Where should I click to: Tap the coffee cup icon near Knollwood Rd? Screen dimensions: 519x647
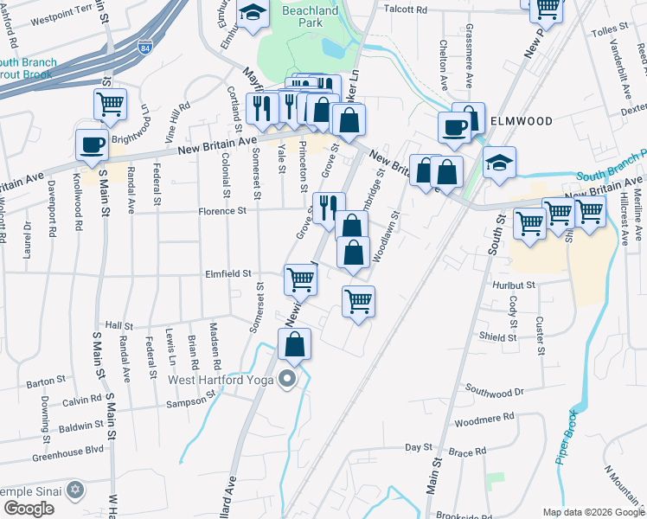tap(93, 145)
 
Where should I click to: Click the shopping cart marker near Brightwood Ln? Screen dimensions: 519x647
tap(110, 105)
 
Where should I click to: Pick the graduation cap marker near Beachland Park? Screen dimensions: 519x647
tap(253, 14)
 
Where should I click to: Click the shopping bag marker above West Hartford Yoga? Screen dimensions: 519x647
tap(295, 344)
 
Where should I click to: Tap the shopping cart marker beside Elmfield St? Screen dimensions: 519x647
tap(300, 279)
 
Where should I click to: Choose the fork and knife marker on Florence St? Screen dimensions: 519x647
tap(328, 208)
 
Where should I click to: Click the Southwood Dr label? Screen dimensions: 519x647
tap(496, 391)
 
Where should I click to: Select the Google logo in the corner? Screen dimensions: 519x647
tap(29, 508)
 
